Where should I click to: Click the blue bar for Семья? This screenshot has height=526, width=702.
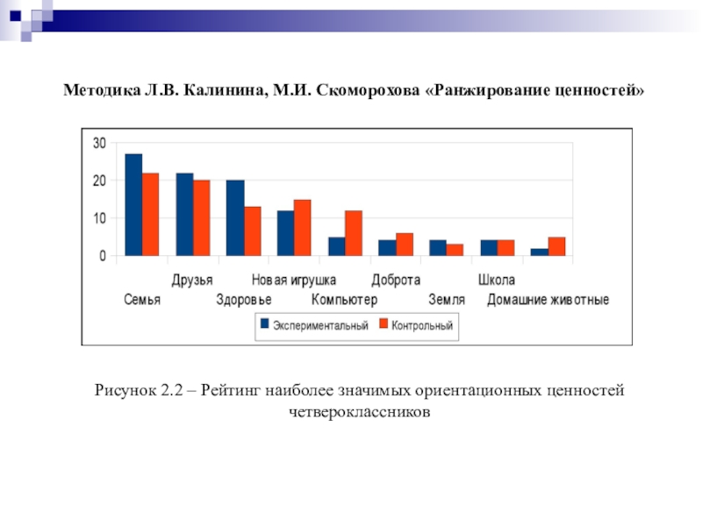[133, 205]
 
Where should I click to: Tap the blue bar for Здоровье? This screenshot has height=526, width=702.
[235, 218]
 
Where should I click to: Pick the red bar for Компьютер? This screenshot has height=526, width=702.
[353, 233]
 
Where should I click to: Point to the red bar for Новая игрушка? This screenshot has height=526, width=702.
[303, 228]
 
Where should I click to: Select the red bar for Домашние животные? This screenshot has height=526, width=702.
[556, 247]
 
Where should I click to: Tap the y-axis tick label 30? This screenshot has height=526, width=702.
[99, 143]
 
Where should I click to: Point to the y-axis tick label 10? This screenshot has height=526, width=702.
[99, 218]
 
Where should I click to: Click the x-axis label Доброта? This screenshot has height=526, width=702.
[396, 281]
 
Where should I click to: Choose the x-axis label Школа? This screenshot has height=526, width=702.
[497, 281]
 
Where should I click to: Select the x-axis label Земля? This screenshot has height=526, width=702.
[447, 300]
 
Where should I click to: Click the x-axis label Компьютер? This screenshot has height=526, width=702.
[345, 300]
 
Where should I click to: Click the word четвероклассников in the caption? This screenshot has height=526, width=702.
[359, 409]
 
